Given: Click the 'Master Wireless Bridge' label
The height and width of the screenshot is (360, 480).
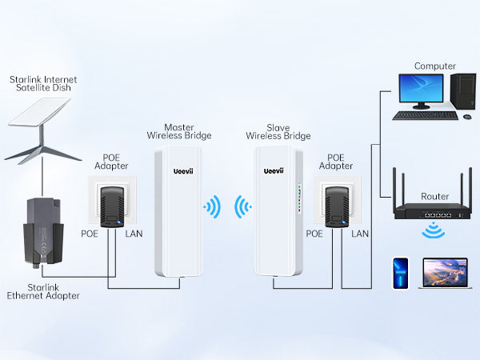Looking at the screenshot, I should tap(178, 131).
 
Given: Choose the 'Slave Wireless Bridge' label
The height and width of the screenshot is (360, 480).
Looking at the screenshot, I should tap(278, 131).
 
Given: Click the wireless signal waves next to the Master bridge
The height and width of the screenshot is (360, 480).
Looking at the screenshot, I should tap(213, 209).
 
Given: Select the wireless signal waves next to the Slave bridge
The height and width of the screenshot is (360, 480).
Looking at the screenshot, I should tap(242, 209).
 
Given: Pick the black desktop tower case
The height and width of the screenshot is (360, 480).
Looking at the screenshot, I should tap(462, 93).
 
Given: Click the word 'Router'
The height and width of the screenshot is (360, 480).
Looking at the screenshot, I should tap(435, 196).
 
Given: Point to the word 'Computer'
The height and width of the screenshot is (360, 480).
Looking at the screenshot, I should tap(435, 66).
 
